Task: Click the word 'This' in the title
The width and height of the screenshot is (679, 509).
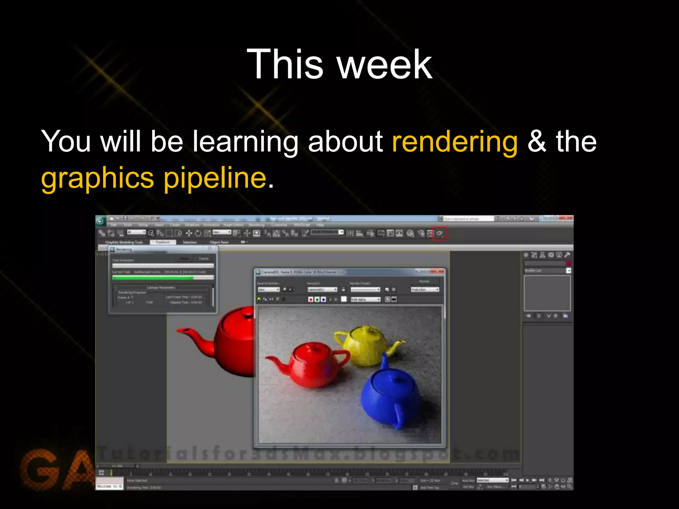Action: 284,64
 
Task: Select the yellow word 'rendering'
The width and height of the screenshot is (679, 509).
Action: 455,142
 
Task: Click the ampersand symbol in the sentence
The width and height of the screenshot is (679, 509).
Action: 536,142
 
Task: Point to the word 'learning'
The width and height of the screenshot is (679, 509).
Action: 245,142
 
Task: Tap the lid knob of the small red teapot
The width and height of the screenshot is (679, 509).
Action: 312,347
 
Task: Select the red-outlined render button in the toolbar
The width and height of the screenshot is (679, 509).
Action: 440,234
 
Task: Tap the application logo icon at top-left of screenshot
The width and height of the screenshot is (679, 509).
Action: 101,221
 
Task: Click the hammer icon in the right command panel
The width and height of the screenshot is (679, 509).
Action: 567,255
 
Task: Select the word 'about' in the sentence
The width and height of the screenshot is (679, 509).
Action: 345,142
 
